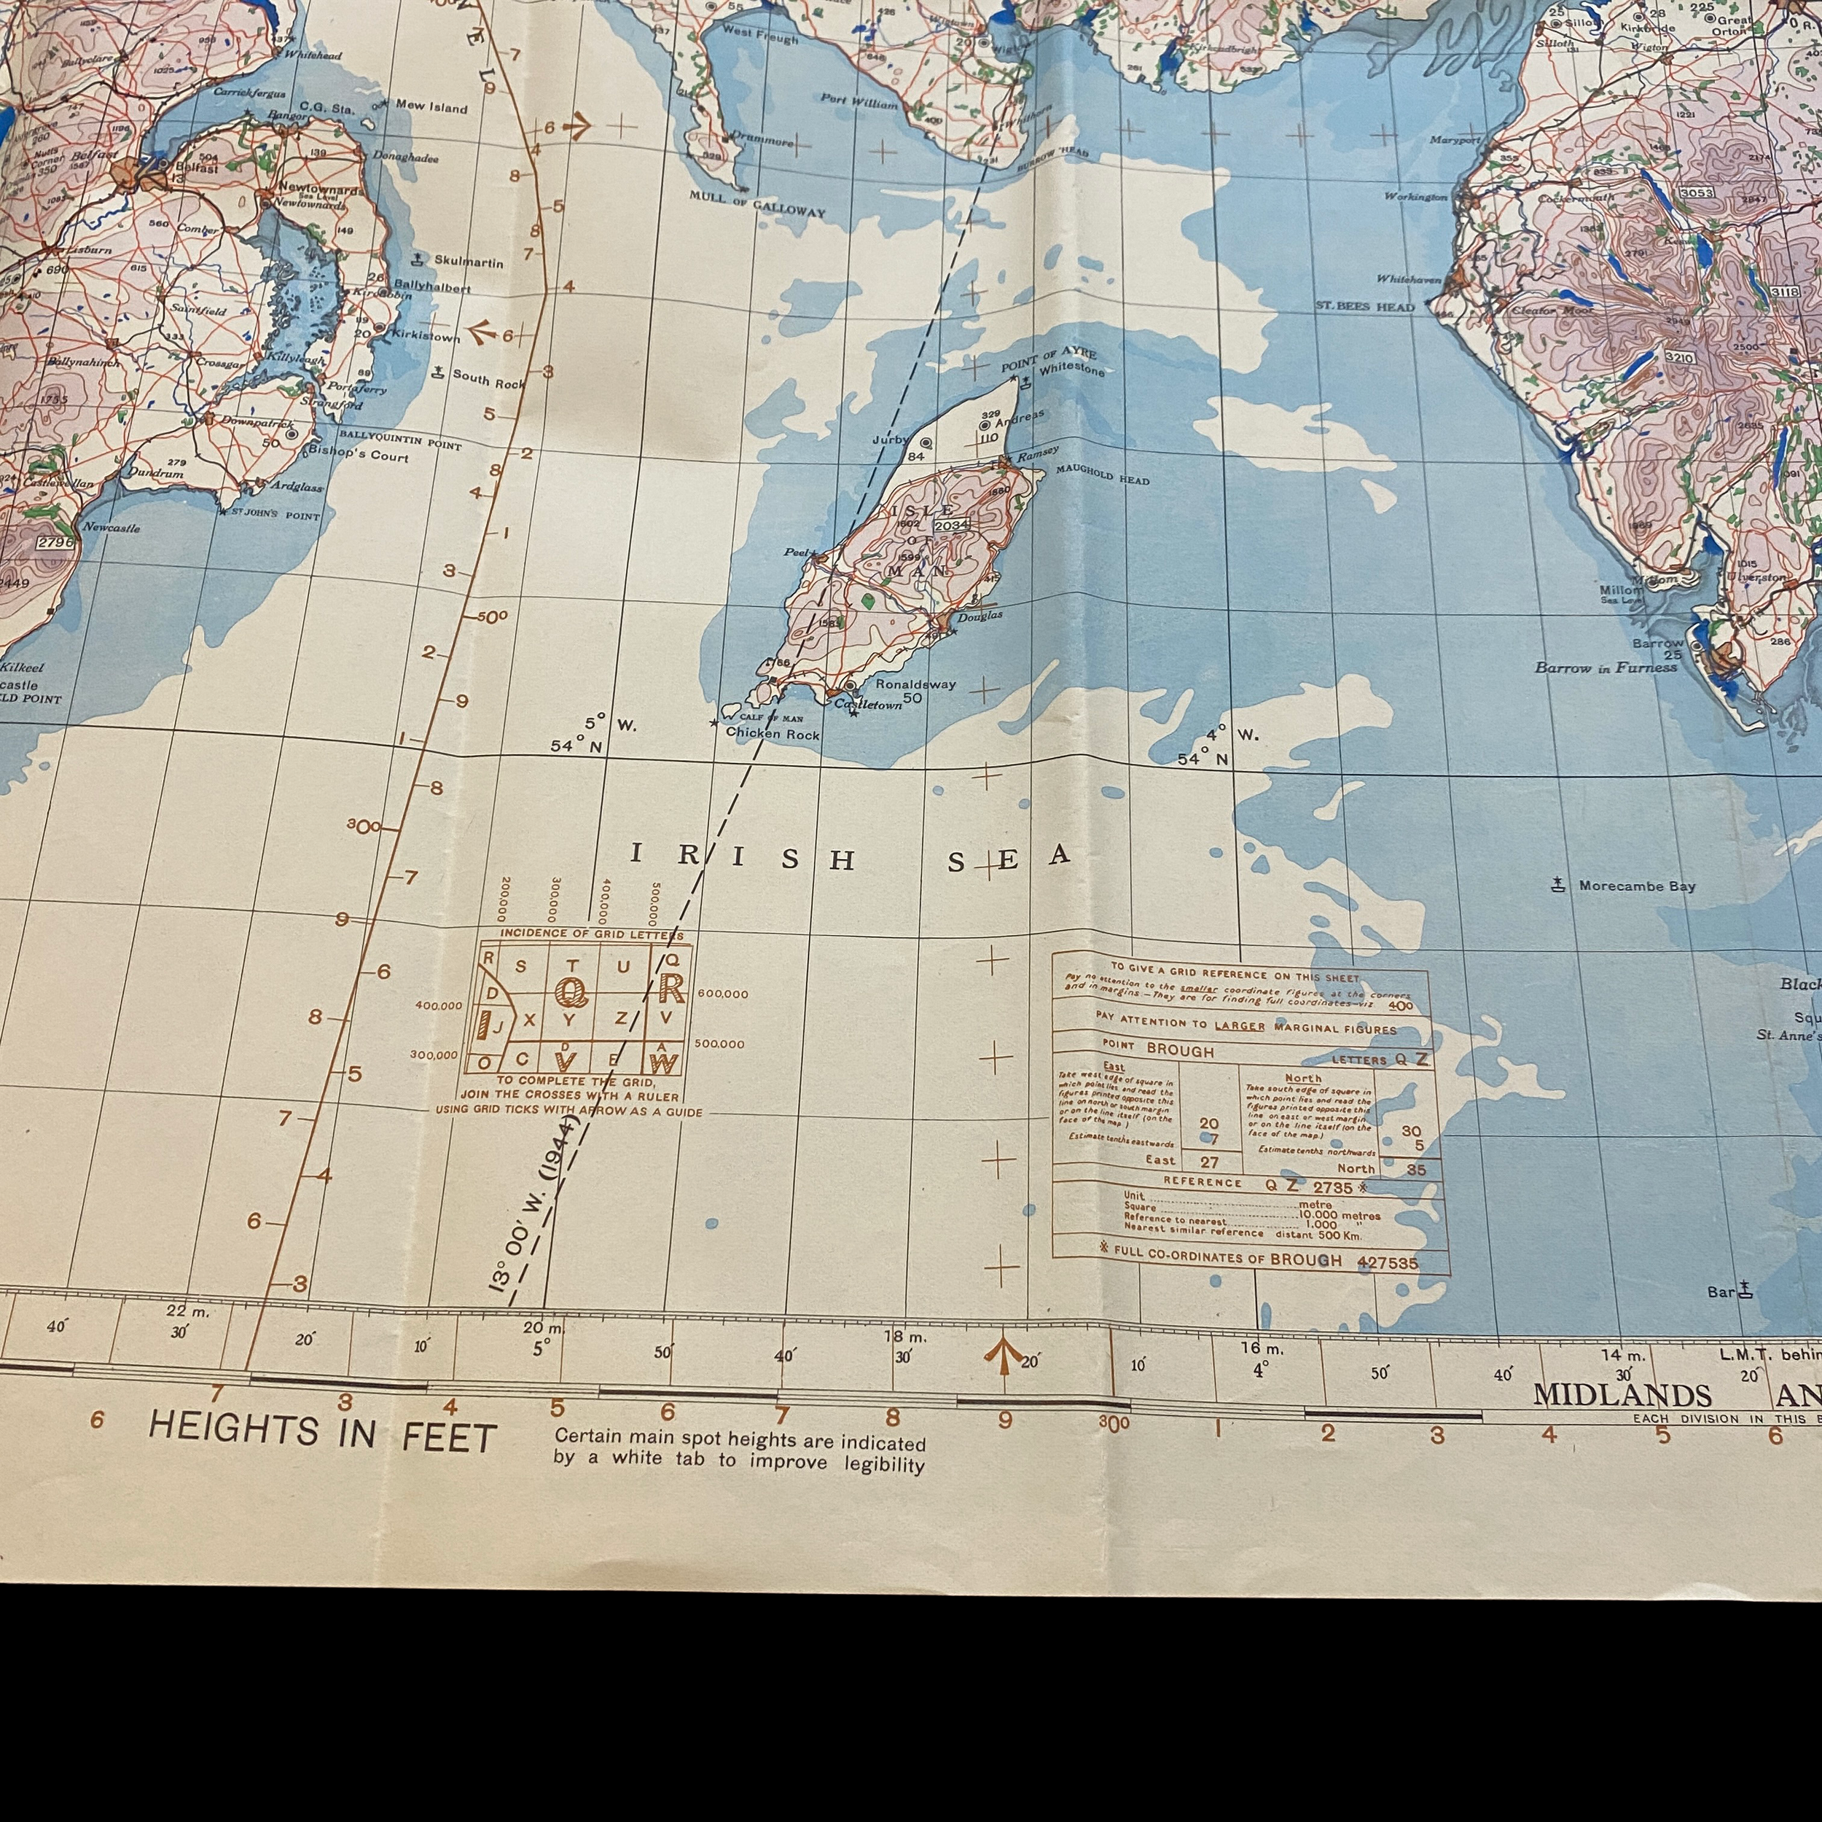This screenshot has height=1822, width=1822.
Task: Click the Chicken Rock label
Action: (x=773, y=734)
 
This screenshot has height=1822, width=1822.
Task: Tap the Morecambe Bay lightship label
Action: (x=1636, y=885)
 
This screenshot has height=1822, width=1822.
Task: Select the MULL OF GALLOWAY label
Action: (x=756, y=205)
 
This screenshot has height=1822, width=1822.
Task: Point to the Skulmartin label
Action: (x=469, y=261)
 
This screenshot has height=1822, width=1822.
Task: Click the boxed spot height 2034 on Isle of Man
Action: (x=950, y=524)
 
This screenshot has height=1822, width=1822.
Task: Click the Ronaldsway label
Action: (x=915, y=684)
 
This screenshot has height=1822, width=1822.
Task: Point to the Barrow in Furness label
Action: (x=1606, y=668)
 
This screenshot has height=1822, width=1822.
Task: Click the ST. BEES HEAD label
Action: (x=1364, y=307)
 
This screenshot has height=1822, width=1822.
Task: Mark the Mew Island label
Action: (x=431, y=106)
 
